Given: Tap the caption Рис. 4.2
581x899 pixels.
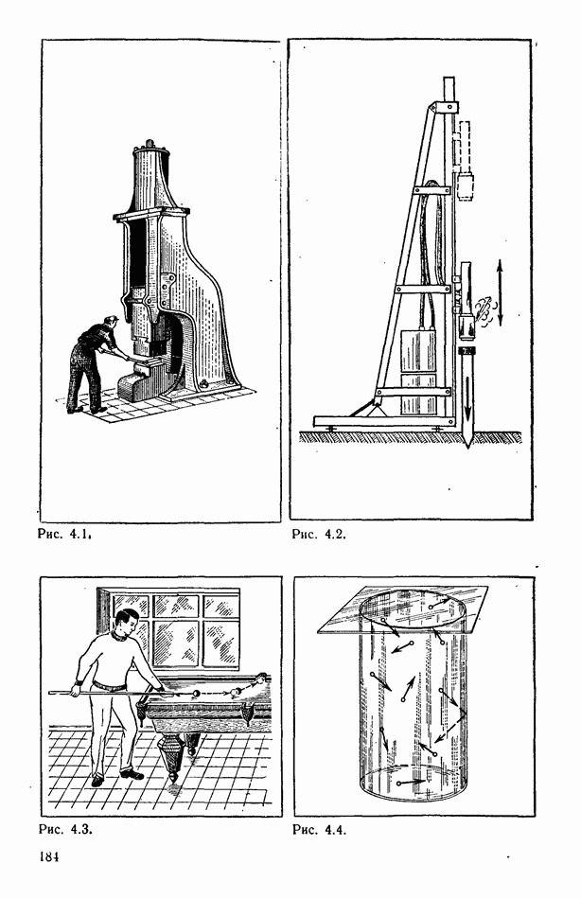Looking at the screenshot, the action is pyautogui.click(x=319, y=535).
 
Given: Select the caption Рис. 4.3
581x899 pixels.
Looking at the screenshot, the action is pyautogui.click(x=65, y=829).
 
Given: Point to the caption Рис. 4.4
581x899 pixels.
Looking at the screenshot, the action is pyautogui.click(x=320, y=829).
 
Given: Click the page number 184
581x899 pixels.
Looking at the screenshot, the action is pyautogui.click(x=49, y=857).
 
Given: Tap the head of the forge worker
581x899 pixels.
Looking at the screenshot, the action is pyautogui.click(x=111, y=324).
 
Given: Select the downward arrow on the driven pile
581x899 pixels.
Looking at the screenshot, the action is pyautogui.click(x=468, y=397).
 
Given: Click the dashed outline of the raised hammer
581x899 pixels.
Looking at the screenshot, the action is pyautogui.click(x=465, y=146).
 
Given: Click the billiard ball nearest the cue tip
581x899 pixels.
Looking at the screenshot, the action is pyautogui.click(x=196, y=693).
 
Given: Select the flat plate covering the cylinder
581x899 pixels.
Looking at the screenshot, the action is pyautogui.click(x=402, y=610).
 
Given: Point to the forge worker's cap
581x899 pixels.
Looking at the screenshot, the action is pyautogui.click(x=112, y=318).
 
